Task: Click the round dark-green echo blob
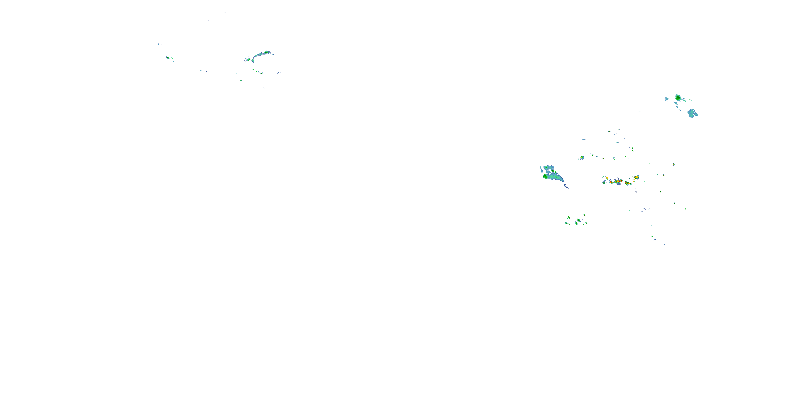point(678,98)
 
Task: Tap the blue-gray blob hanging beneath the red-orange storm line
point(619,184)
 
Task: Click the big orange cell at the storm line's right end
point(636,177)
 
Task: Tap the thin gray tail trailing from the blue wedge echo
point(567,186)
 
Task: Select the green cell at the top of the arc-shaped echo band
point(266,52)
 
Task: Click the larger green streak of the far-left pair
point(168,57)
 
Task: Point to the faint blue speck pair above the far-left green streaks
point(159,44)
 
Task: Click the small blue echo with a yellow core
point(582,158)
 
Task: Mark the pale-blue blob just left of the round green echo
point(666,99)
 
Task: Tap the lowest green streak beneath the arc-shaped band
point(241,81)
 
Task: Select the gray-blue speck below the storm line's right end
point(636,192)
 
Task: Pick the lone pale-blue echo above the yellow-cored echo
point(584,139)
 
